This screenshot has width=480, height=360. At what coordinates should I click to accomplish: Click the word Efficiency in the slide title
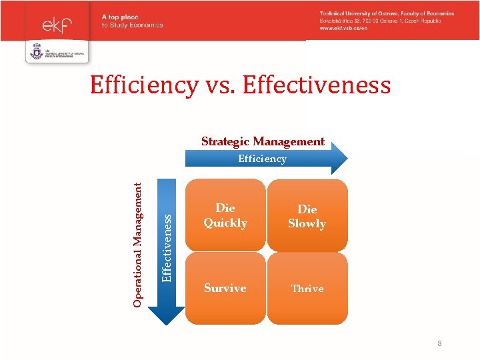coord(144,85)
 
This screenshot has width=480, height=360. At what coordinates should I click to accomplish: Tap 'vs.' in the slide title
coord(221,86)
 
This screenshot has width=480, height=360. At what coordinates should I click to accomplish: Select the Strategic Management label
coord(263,141)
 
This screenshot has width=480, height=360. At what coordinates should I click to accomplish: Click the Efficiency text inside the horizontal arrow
coord(262,159)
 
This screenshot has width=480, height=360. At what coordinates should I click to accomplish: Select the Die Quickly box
coord(225,215)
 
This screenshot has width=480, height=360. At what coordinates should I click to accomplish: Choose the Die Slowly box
coord(307,216)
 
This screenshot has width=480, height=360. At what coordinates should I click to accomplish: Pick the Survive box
coord(225,288)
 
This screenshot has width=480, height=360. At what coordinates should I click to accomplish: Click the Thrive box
coord(307,289)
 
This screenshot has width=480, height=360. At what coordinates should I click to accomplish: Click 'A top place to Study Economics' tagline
coord(132,21)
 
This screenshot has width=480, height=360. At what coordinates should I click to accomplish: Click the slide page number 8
coord(440,343)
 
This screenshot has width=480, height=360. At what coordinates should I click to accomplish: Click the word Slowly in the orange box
coord(307,224)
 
